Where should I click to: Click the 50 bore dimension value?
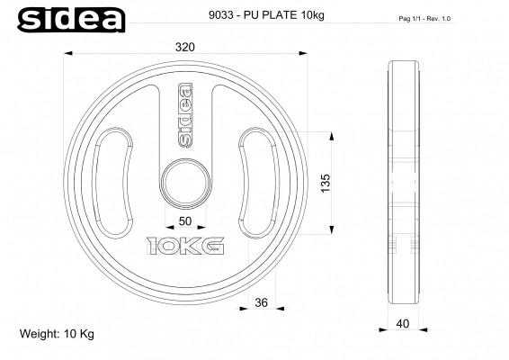coord(184,220)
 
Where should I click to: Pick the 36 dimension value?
coord(261,303)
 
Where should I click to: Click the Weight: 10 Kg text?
coord(57,334)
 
